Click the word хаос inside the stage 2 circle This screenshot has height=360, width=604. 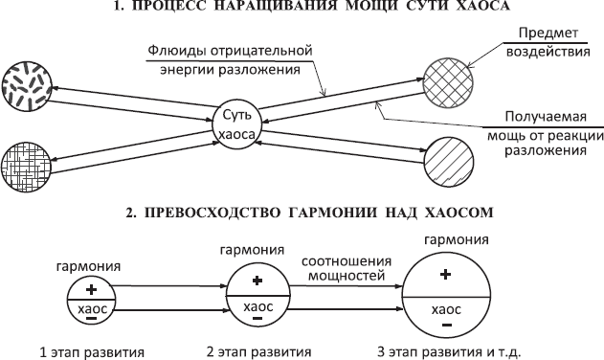[258, 306]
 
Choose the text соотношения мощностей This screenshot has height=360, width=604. [345, 268]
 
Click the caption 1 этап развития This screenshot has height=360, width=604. [78, 350]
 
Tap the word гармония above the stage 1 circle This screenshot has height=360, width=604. [89, 266]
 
